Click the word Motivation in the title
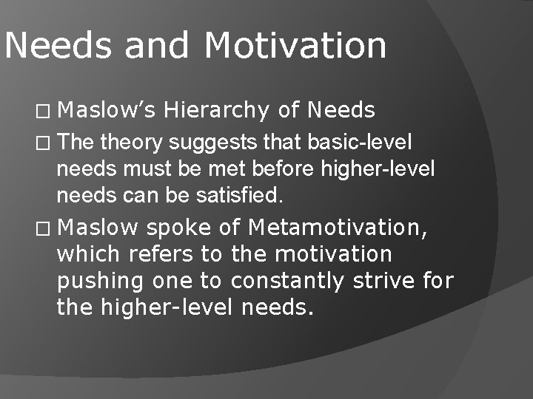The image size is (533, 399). pos(295,46)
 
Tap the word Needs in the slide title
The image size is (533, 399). pos(58,46)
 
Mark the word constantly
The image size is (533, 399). pos(288,282)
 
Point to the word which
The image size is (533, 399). pos(89,254)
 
